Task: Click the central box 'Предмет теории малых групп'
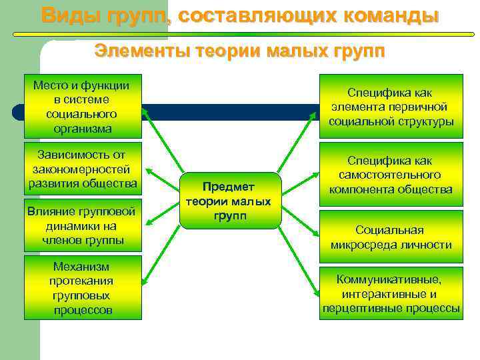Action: [229, 201]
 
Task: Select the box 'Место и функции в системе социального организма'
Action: [83, 106]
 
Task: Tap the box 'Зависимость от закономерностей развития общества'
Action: [83, 169]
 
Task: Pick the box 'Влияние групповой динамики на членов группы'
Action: [83, 226]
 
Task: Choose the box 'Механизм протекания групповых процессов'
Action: [83, 287]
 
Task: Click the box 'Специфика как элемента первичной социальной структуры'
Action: [391, 107]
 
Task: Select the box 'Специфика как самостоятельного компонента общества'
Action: [391, 175]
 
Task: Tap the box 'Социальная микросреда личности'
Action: [391, 237]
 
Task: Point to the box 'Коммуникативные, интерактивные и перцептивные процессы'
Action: [391, 293]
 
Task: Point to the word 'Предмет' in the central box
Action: [229, 188]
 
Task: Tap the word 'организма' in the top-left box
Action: [83, 128]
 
